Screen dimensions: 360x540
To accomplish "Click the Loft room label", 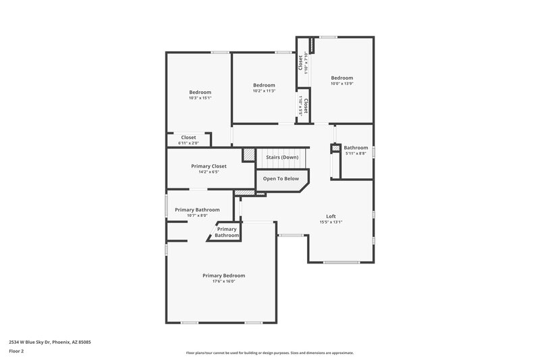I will [x=331, y=216].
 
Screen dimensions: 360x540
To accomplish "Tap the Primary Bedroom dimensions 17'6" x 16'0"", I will [x=223, y=281].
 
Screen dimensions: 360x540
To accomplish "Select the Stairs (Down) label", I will [x=281, y=157].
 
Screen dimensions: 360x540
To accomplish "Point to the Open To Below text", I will [x=281, y=179].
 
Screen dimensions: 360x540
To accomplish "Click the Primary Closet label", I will [x=209, y=166].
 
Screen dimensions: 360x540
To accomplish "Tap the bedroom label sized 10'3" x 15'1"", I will [x=200, y=93].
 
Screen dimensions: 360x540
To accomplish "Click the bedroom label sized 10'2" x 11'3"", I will [x=264, y=85].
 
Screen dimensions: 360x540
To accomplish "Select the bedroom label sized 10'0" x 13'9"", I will [x=342, y=78].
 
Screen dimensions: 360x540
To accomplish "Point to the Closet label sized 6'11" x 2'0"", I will [x=188, y=137].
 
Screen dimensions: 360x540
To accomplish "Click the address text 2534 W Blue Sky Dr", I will [x=50, y=342].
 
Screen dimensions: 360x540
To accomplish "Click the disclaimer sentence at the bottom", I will [x=269, y=353].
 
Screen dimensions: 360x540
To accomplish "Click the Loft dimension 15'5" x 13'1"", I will [x=331, y=222].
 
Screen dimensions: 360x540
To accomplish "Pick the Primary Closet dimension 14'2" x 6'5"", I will [x=209, y=172].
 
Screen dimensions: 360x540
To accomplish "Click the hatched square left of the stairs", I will [x=249, y=155].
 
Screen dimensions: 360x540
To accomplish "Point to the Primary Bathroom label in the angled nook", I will [x=227, y=232].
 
